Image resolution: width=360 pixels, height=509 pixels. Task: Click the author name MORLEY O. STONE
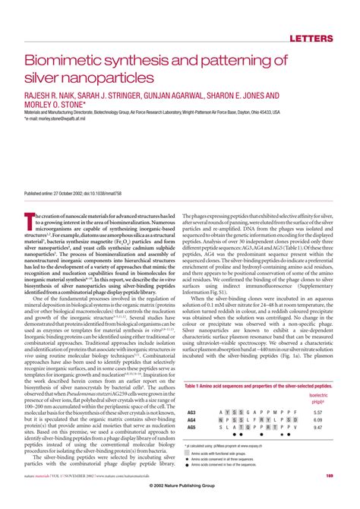[x=58, y=106]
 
